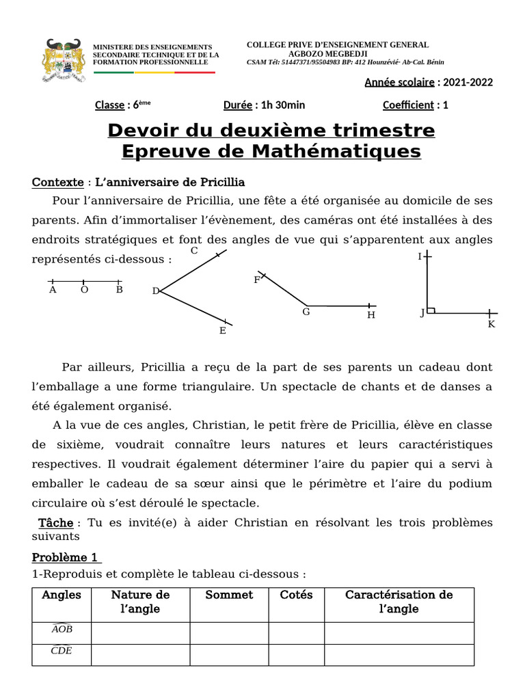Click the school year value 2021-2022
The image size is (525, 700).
pyautogui.click(x=468, y=83)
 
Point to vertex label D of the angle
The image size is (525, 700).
pyautogui.click(x=156, y=291)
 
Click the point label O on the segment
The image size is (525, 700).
pyautogui.click(x=84, y=290)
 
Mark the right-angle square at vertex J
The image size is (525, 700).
pyautogui.click(x=431, y=310)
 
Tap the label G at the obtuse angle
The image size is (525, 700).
pyautogui.click(x=306, y=312)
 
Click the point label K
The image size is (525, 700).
pyautogui.click(x=491, y=324)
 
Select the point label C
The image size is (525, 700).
pyautogui.click(x=194, y=251)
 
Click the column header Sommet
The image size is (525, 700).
pyautogui.click(x=229, y=595)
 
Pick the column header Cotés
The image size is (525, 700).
pyautogui.click(x=296, y=595)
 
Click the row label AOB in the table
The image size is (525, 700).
pyautogui.click(x=62, y=629)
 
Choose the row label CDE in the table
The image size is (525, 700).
pyautogui.click(x=62, y=651)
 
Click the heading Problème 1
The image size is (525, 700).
pyautogui.click(x=66, y=557)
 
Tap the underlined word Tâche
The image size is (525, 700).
pyautogui.click(x=56, y=522)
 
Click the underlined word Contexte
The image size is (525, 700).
pyautogui.click(x=58, y=183)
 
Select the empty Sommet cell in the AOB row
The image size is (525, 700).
pyautogui.click(x=229, y=633)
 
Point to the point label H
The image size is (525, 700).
pyautogui.click(x=371, y=315)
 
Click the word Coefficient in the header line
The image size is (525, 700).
pyautogui.click(x=408, y=105)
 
